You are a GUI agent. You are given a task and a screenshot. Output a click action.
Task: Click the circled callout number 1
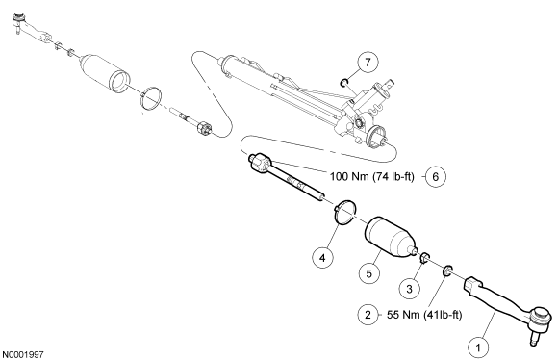click(478, 347)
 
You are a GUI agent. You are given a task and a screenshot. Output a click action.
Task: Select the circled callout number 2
click(368, 315)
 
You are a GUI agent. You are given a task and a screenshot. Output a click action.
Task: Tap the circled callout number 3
click(409, 289)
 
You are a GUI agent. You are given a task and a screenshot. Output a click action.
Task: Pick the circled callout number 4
click(322, 257)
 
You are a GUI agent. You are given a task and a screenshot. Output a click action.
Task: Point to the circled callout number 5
click(369, 273)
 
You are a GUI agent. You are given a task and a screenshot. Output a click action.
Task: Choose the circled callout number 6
click(436, 176)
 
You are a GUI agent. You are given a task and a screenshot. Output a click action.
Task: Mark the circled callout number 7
click(368, 63)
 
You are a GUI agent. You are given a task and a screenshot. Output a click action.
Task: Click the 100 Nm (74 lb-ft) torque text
click(372, 176)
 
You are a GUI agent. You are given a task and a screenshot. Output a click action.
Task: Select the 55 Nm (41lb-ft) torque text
click(424, 315)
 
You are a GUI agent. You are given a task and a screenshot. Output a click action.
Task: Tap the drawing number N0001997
click(23, 354)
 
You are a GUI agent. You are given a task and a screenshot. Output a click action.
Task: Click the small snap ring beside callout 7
click(343, 84)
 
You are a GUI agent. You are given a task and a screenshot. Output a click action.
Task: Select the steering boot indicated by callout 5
click(391, 237)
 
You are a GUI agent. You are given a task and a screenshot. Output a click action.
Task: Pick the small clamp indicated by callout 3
click(424, 258)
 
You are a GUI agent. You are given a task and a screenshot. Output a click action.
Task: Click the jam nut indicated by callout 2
click(447, 270)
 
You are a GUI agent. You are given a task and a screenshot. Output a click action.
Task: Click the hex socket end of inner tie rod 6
click(259, 163)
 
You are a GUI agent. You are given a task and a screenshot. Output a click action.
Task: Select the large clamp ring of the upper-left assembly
click(150, 98)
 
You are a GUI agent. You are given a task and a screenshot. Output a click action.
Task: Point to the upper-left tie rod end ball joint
click(18, 20)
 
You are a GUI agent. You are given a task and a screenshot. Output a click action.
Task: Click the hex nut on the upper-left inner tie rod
click(205, 128)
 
